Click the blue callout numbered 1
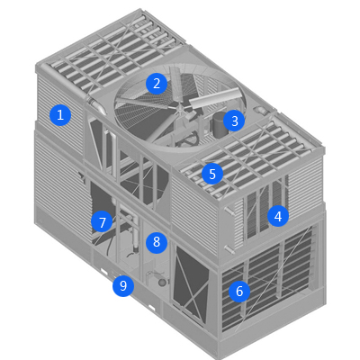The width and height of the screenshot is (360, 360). [x=60, y=115]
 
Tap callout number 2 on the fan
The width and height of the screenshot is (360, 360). [x=157, y=84]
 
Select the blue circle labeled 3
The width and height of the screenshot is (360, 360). [x=235, y=121]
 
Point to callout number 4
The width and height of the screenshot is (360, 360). [x=278, y=216]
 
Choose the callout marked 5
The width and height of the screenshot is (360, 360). [x=212, y=174]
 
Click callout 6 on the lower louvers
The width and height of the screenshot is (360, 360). [x=239, y=291]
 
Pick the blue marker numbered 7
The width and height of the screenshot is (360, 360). [x=103, y=222]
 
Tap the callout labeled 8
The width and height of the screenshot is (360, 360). [x=157, y=242]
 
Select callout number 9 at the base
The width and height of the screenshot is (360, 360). [x=123, y=286]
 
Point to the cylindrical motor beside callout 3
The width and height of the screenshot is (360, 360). [x=218, y=124]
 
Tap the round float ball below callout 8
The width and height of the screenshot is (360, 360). [x=162, y=283]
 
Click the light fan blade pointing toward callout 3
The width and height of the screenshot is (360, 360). [x=215, y=98]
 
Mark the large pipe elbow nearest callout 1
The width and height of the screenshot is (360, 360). [x=96, y=105]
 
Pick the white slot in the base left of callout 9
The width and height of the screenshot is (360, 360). [x=104, y=272]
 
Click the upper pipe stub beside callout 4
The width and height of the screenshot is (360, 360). [x=229, y=211]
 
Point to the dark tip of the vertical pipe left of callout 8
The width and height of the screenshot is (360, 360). [x=136, y=248]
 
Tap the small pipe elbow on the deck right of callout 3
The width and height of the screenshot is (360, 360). [x=260, y=110]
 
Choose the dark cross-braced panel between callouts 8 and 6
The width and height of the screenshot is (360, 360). [x=191, y=281]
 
